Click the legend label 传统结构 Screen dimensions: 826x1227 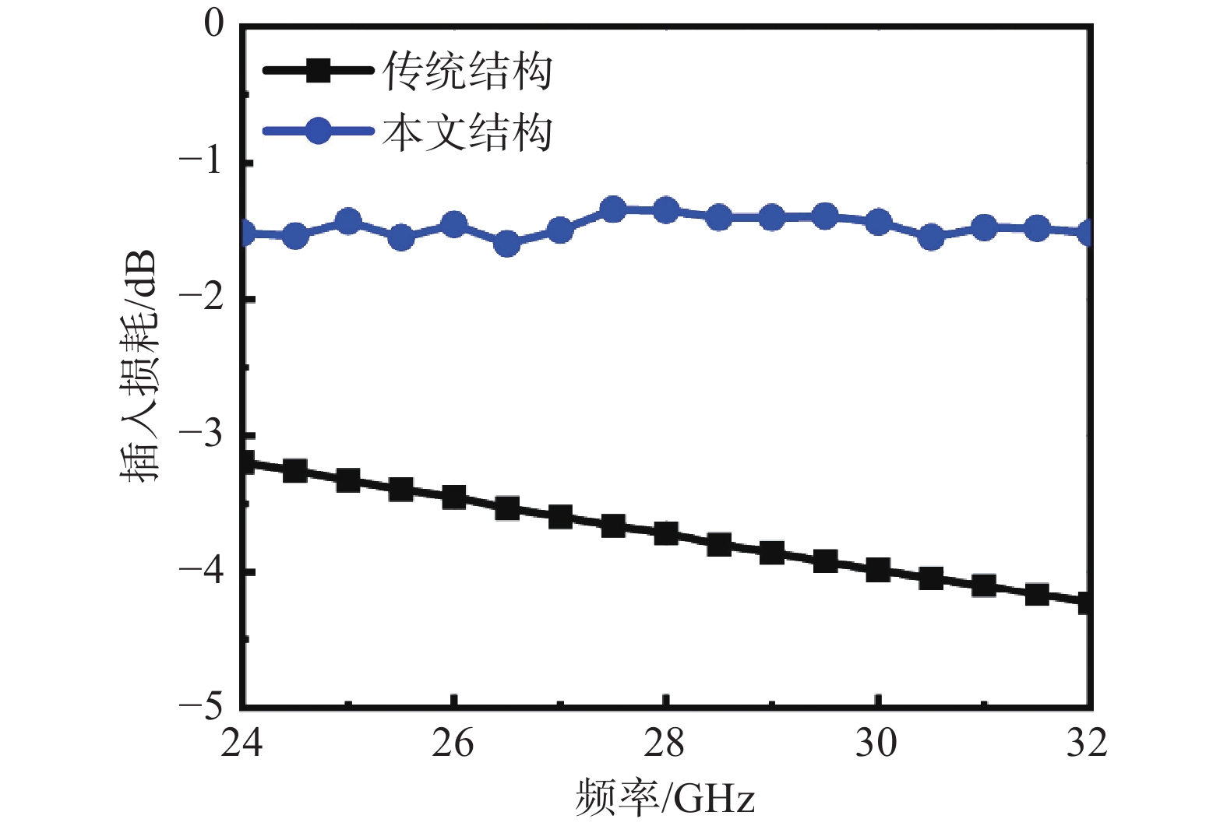[467, 72]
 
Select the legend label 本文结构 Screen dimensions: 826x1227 [467, 132]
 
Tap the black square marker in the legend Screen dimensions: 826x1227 [318, 71]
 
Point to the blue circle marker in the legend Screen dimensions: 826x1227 [318, 130]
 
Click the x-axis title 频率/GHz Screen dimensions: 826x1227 [665, 799]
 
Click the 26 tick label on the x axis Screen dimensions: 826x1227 [453, 743]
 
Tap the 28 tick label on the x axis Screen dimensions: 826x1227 [665, 743]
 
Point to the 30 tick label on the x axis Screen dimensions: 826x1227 [877, 743]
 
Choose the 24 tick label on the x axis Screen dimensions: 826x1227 [242, 743]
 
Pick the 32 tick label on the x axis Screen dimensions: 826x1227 [1087, 743]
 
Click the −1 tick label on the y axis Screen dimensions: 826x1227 [200, 162]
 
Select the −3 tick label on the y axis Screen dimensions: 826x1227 [200, 434]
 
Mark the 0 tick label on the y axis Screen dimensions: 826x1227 [213, 25]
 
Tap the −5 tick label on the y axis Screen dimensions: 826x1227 [200, 706]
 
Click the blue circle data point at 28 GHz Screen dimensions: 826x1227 [666, 209]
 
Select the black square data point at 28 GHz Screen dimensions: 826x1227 [666, 533]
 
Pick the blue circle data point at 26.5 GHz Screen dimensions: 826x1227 [507, 244]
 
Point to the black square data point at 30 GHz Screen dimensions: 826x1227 [878, 570]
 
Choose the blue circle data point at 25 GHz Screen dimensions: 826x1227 [348, 222]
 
